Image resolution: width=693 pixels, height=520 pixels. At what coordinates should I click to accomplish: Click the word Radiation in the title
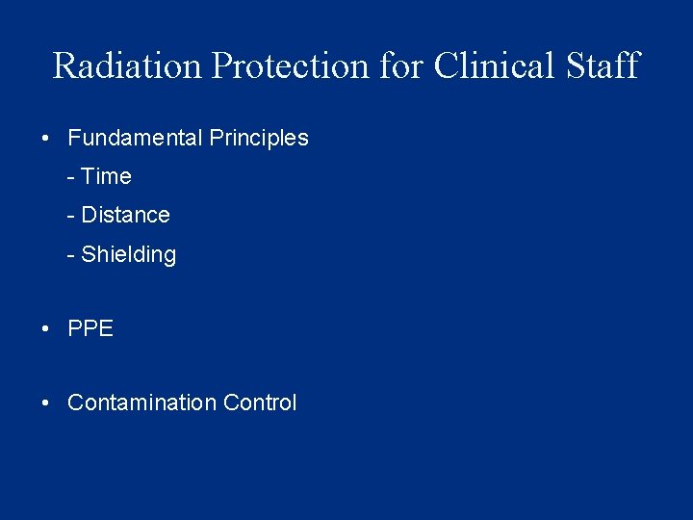click(x=128, y=65)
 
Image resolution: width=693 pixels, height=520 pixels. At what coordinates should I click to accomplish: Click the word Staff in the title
click(x=602, y=65)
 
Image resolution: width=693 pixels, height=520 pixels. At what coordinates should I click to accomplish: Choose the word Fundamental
click(x=135, y=138)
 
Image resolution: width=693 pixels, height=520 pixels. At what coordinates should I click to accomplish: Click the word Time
click(x=107, y=177)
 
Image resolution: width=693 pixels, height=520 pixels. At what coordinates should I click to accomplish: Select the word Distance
click(x=126, y=216)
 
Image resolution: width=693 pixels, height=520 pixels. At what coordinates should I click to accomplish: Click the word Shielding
click(x=129, y=255)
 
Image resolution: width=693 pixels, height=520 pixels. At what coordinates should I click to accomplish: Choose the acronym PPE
click(x=90, y=329)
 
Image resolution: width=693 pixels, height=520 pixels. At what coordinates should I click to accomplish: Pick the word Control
click(x=260, y=403)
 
